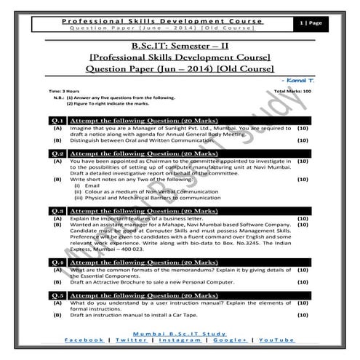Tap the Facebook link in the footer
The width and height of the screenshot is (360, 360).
(x=82, y=340)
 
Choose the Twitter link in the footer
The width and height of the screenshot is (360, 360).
(x=126, y=340)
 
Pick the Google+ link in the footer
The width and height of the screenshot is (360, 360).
(x=228, y=340)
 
